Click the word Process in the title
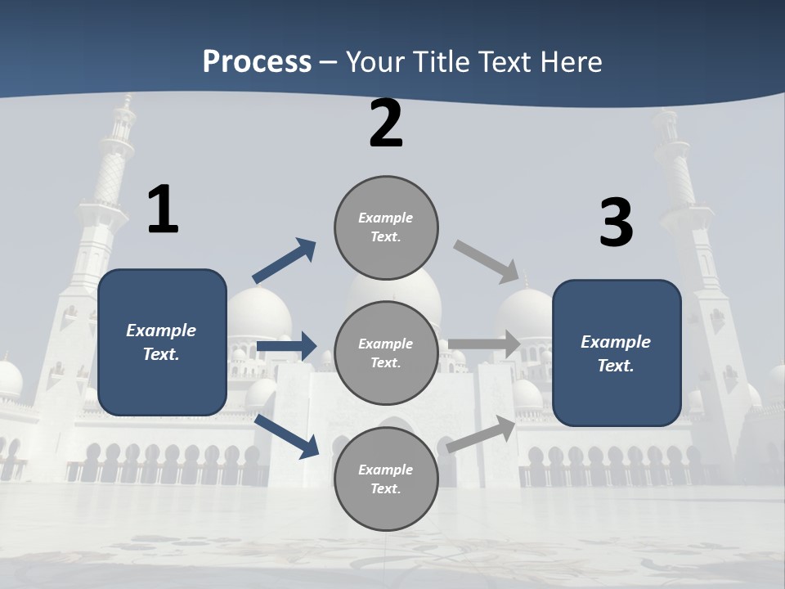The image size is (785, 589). tap(257, 62)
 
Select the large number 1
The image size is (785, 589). tap(163, 209)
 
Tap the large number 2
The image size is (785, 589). tap(386, 124)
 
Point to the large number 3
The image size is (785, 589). tap(616, 223)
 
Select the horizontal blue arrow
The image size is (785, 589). tap(286, 346)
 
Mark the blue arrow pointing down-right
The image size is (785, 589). tap(287, 435)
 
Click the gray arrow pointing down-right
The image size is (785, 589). tap(487, 261)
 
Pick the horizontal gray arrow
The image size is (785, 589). tap(484, 344)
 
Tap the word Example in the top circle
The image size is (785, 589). tap(385, 218)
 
